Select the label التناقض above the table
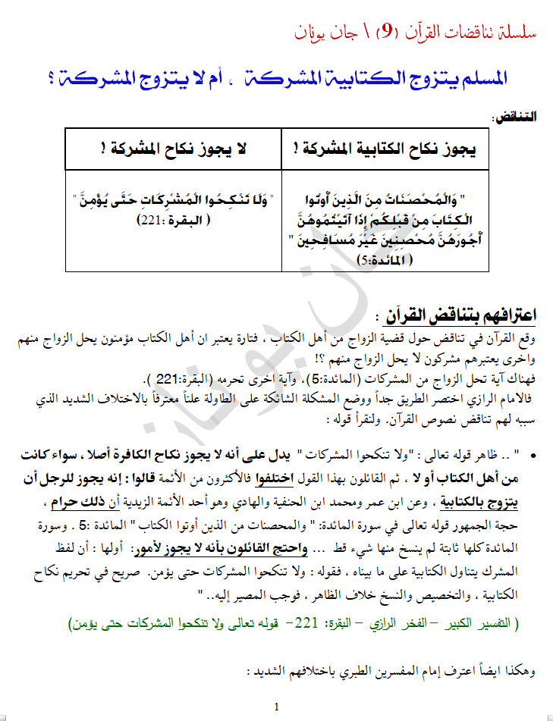pos(514,118)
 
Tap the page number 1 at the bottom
pos(277,707)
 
